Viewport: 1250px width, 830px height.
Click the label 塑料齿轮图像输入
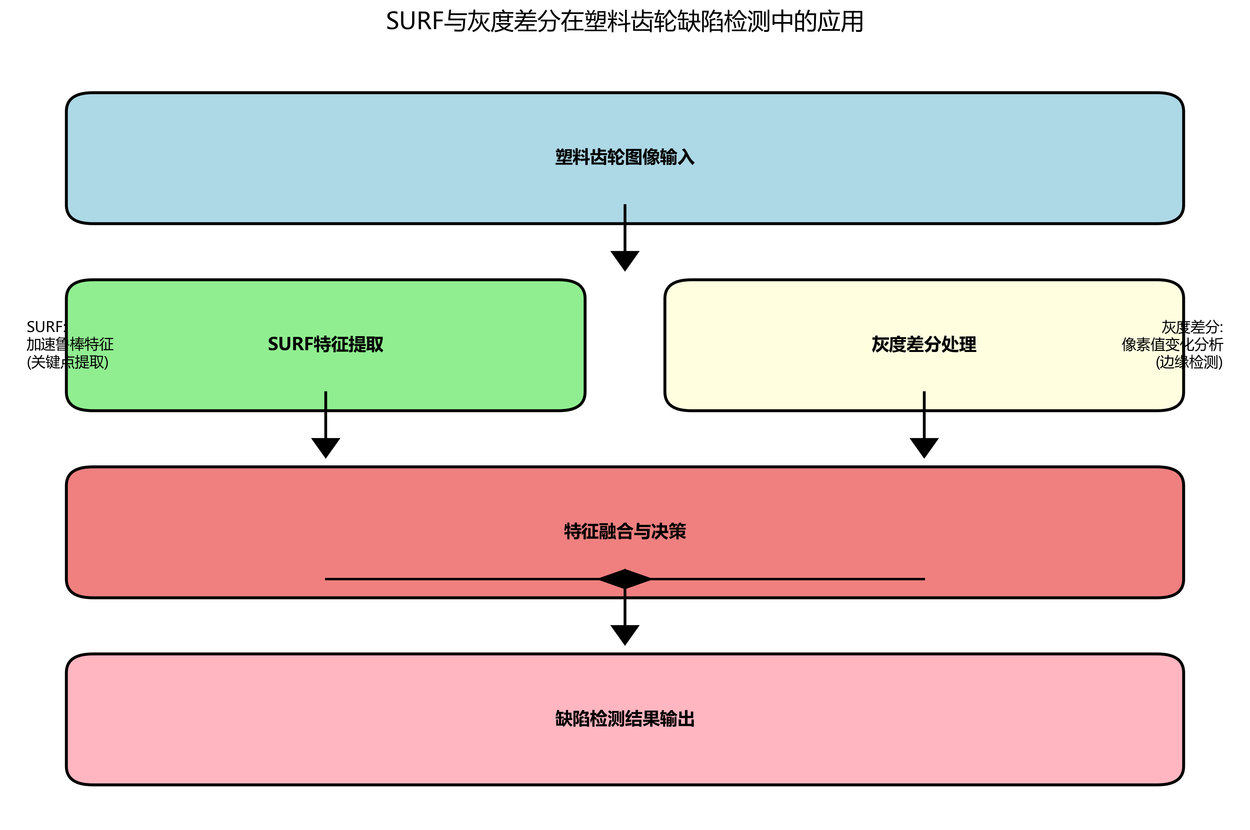click(x=624, y=157)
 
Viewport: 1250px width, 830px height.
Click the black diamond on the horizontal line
click(x=624, y=579)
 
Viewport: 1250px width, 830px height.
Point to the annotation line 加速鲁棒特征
click(x=70, y=345)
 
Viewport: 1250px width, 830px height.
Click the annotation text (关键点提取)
click(x=67, y=362)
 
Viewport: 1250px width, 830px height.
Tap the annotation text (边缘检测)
click(x=1189, y=362)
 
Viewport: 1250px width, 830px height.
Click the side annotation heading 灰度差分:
click(x=1192, y=327)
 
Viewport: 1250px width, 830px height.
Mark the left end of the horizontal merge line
click(x=326, y=579)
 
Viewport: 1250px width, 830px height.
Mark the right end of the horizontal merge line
click(x=923, y=579)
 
